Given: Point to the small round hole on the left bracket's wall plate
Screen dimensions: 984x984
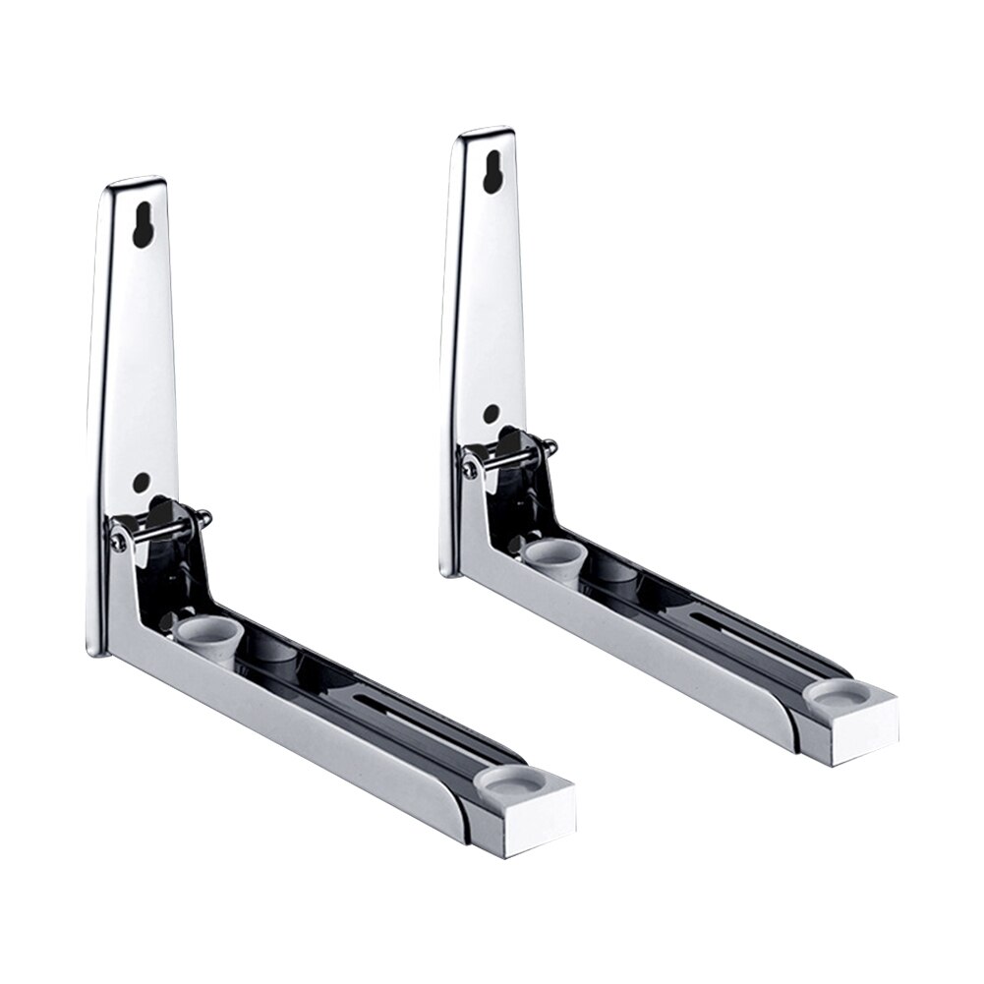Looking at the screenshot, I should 142,482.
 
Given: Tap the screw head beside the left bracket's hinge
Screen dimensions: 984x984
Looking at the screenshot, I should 117,535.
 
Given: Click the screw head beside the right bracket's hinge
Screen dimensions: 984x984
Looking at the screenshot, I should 472,470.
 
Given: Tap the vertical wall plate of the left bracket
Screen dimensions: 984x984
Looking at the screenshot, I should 138,374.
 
